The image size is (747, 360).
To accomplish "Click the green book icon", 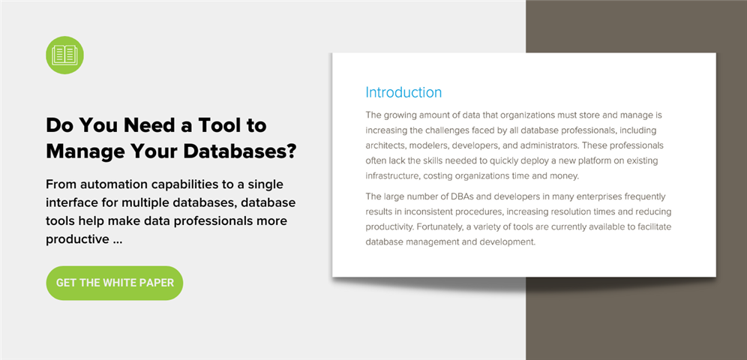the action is pyautogui.click(x=64, y=55).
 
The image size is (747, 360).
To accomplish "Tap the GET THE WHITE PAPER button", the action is pyautogui.click(x=115, y=283).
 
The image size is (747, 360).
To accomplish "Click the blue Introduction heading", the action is pyautogui.click(x=403, y=92).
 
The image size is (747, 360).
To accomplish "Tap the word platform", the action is pyautogui.click(x=571, y=161).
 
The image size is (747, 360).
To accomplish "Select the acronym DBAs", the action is pyautogui.click(x=453, y=196).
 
